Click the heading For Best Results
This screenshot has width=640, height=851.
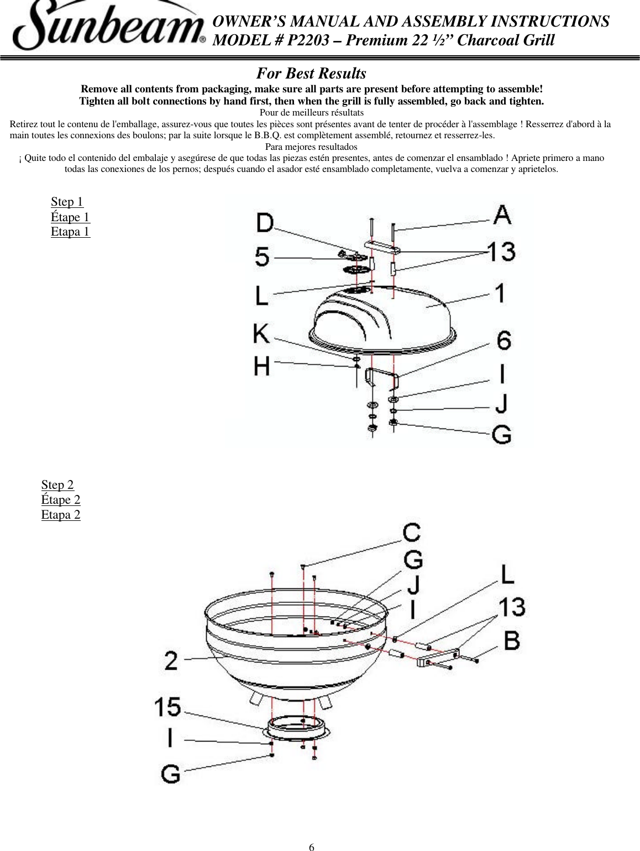click(311, 74)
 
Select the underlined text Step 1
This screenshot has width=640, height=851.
click(67, 202)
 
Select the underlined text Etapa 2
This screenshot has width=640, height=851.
click(61, 515)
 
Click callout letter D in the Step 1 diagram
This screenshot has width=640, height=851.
click(265, 223)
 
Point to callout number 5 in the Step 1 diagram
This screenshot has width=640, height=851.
click(263, 257)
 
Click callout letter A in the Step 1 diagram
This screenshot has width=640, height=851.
click(502, 215)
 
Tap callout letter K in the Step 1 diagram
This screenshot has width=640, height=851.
click(261, 333)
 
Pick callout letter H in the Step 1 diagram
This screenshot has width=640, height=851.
click(262, 366)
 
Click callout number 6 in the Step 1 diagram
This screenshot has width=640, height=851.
click(503, 340)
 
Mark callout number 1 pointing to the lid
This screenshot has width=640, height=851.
click(500, 293)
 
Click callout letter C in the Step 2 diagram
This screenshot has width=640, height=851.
click(412, 533)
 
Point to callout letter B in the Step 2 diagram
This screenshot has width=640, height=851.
click(512, 640)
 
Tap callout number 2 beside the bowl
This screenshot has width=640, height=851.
click(171, 660)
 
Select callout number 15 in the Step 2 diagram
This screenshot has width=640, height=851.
click(167, 707)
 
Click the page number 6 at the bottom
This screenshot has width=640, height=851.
click(312, 847)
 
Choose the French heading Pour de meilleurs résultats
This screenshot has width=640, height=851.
click(311, 113)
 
